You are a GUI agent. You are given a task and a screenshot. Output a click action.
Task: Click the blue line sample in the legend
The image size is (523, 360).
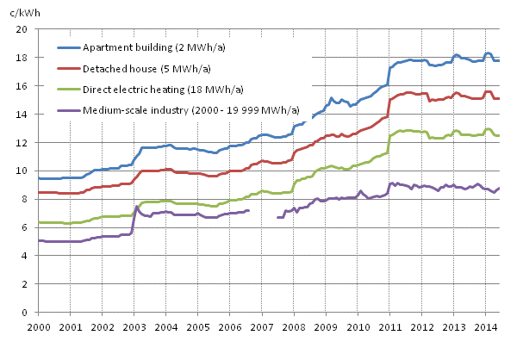pyautogui.click(x=68, y=48)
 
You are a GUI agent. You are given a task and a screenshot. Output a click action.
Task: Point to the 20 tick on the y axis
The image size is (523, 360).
pyautogui.click(x=23, y=29)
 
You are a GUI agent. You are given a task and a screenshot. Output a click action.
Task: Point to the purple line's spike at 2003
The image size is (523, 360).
pyautogui.click(x=136, y=207)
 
